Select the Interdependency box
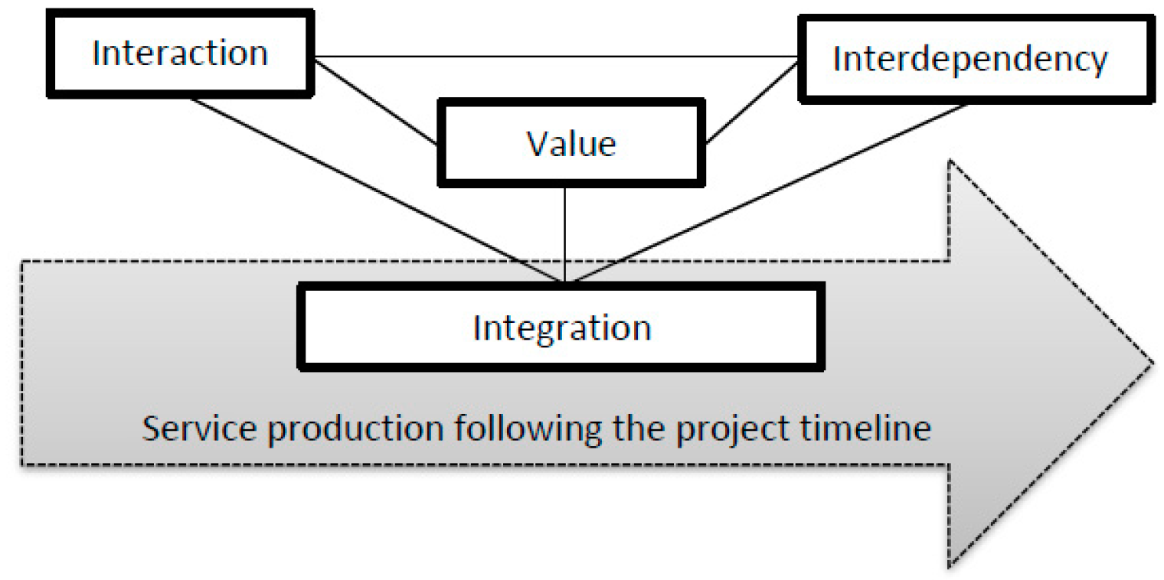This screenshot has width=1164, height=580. (x=969, y=59)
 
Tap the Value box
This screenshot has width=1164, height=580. (x=571, y=142)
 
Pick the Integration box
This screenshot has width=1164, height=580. (x=562, y=327)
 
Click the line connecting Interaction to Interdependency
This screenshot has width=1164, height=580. (x=551, y=57)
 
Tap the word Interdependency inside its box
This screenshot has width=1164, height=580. (x=969, y=59)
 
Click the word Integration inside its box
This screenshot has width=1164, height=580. (x=562, y=327)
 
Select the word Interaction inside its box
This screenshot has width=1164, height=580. (x=179, y=54)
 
